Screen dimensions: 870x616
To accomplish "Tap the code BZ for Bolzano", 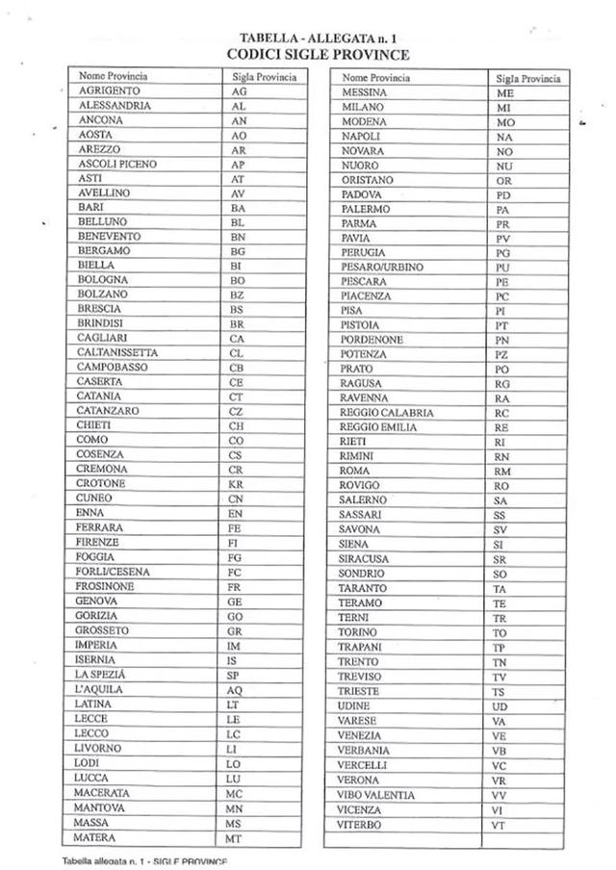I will click(x=238, y=294).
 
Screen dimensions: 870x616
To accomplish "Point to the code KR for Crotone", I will click(x=237, y=484).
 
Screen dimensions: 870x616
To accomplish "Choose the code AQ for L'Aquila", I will click(x=236, y=691).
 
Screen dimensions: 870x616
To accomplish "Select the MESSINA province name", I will click(x=364, y=92).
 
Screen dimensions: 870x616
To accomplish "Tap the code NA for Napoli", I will click(x=503, y=138).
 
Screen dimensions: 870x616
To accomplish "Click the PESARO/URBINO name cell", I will click(x=382, y=267).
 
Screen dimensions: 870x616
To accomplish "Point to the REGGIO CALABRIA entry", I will click(x=387, y=413).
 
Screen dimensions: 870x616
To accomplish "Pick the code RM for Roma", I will click(x=502, y=472).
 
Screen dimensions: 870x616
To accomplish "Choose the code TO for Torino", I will click(x=500, y=633).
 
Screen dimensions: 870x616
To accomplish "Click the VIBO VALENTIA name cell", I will click(x=376, y=795).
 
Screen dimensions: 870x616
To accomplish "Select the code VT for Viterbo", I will click(x=499, y=826).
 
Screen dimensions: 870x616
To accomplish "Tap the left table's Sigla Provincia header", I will click(x=265, y=76).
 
